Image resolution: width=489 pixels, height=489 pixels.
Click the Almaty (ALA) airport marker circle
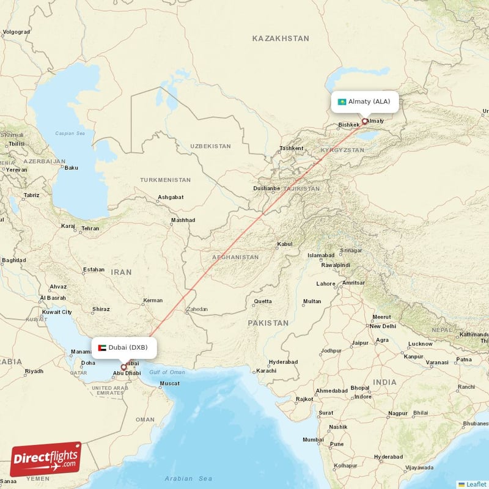(365, 121)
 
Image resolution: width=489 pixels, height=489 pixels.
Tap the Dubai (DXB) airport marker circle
(123, 367)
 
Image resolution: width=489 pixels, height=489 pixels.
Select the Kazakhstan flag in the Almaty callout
(342, 101)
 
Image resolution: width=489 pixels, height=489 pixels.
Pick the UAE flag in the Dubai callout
(102, 348)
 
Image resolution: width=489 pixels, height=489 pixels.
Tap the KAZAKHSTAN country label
(281, 39)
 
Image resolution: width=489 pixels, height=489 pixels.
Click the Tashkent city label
(291, 149)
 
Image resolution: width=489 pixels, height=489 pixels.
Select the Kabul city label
(285, 244)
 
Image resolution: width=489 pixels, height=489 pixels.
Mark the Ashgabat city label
(171, 197)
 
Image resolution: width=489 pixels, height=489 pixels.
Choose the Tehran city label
(90, 228)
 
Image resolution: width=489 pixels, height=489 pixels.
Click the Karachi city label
(267, 371)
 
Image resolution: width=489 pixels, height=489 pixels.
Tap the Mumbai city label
(313, 439)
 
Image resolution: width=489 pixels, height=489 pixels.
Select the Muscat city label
(170, 384)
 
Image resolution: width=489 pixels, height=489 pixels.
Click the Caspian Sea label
(68, 133)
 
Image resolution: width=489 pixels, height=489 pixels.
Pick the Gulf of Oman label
(167, 372)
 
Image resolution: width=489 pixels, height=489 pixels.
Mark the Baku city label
(72, 167)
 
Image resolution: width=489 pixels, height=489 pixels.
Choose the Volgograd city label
(17, 32)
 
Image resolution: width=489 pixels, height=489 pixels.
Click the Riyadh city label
(34, 371)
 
